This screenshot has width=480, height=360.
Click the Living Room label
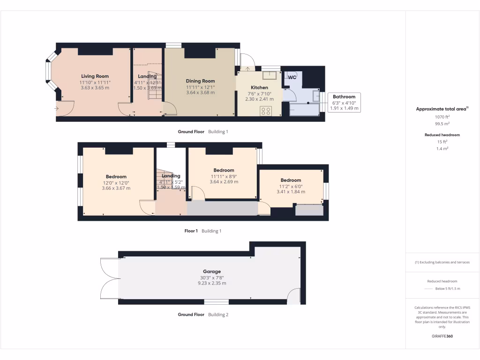coord(95,76)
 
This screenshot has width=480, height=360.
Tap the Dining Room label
coord(200,81)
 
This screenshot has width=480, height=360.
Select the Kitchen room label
coord(259,88)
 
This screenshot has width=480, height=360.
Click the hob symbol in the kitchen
coord(266,111)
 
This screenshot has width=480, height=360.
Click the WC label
coord(292,77)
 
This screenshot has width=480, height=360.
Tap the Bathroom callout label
coord(344,97)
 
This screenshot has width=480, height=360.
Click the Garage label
coord(211,271)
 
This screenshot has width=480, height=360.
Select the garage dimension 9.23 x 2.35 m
coord(211,283)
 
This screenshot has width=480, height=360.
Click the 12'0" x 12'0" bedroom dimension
coord(116,182)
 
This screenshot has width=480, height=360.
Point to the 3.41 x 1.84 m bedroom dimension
coord(291,192)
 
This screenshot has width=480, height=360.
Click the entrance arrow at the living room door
coord(57,109)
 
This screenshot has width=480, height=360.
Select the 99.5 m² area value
coord(442,124)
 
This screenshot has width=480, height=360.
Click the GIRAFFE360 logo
coord(442,336)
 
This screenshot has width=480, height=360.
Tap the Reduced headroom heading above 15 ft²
coord(442,135)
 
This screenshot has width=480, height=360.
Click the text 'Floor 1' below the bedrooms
coord(191,231)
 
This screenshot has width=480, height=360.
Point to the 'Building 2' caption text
coord(218,315)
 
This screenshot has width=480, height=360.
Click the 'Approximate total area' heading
coord(441,109)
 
